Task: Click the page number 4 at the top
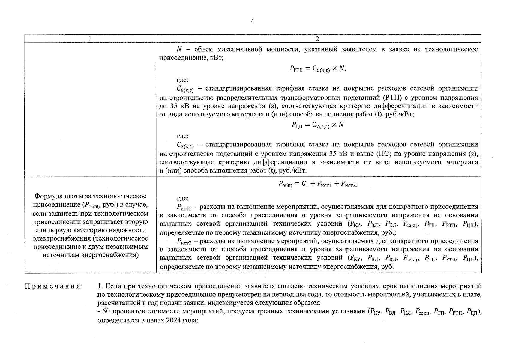252,22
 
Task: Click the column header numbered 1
90,39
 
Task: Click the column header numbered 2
318,39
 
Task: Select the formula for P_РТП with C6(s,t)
318,69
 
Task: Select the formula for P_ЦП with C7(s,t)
317,125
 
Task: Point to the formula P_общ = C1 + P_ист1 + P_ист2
318,184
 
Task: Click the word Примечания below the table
53,286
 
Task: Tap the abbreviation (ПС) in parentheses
383,154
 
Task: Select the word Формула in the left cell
49,196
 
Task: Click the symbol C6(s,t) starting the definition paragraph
185,89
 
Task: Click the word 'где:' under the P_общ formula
182,198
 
